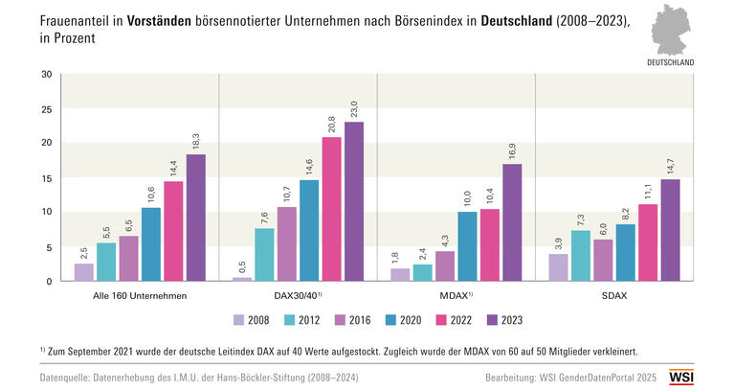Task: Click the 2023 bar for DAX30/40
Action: (x=354, y=201)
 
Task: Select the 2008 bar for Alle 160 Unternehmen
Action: (x=84, y=272)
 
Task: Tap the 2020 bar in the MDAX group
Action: (x=466, y=246)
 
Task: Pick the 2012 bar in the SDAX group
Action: (x=581, y=256)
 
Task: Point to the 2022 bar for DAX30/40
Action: (x=331, y=209)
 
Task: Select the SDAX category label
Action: (x=613, y=295)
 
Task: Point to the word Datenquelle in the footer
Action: (x=70, y=378)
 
